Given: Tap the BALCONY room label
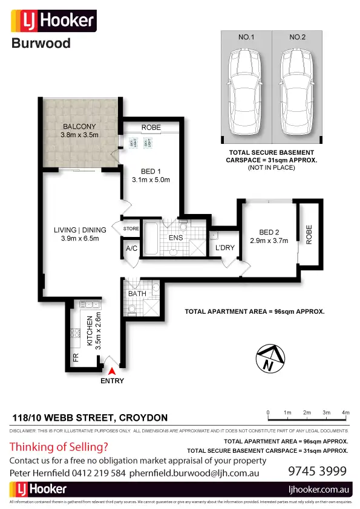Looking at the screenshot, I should pos(80,127).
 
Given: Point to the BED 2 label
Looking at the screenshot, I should pos(269,232).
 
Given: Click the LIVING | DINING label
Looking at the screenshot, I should pos(80,230).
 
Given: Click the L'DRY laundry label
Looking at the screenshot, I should pos(224,247).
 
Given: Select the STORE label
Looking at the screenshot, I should pos(131,229).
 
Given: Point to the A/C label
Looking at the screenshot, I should pos(131,248).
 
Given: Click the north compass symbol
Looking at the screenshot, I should pos(270,358).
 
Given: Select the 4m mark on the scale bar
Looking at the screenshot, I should pos(345,412).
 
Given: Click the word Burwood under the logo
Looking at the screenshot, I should pos(41,43).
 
